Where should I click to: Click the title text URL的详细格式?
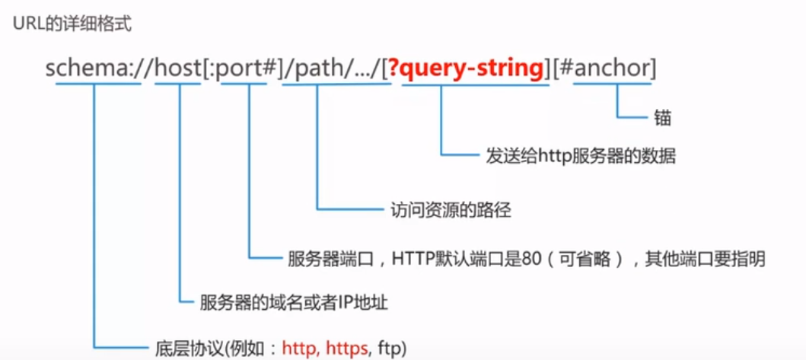[x=72, y=24]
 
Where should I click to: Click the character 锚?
[x=664, y=119]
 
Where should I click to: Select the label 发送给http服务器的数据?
[x=581, y=156]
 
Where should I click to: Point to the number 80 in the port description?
[x=530, y=259]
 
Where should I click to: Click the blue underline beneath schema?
[x=98, y=83]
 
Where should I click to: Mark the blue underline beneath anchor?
[x=612, y=83]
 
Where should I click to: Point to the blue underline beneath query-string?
[x=476, y=83]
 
